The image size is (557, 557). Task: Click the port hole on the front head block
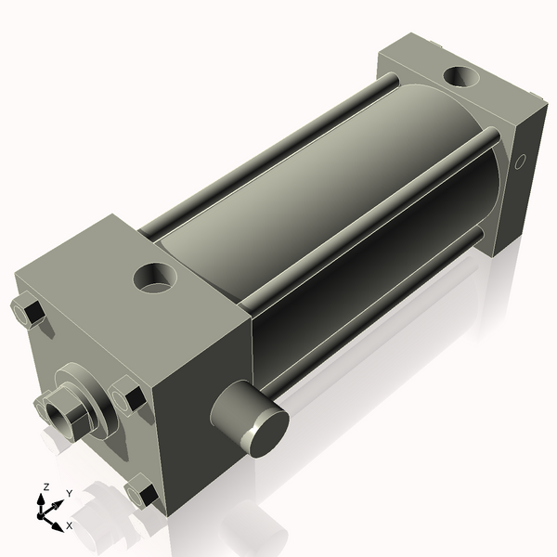(152, 276)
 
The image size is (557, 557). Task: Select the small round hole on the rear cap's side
(520, 162)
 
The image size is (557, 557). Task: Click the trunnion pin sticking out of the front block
(252, 421)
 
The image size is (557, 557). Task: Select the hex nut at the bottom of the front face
(140, 493)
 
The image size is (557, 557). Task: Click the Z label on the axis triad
(45, 486)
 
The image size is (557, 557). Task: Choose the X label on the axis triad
(69, 526)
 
